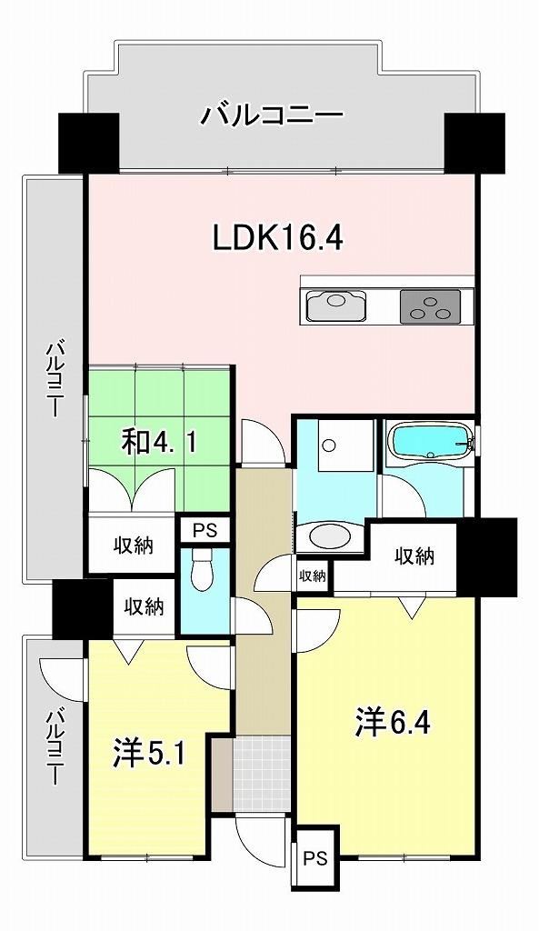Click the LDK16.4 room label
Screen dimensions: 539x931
point(278,239)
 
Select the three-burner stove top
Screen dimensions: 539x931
point(430,306)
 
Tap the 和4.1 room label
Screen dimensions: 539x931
point(158,443)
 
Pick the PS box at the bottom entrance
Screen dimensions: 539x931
point(316,858)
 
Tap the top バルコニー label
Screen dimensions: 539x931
point(272,114)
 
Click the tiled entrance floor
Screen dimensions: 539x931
point(262,774)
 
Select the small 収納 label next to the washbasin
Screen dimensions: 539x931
point(312,575)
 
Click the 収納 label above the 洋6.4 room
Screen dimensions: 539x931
point(415,556)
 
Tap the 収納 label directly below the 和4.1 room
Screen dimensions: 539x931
point(134,545)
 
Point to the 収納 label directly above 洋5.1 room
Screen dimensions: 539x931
point(144,606)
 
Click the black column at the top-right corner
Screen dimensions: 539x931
point(474,143)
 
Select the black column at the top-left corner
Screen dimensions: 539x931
point(89,143)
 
